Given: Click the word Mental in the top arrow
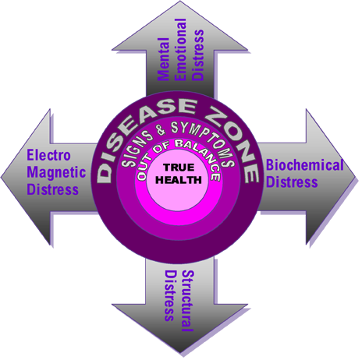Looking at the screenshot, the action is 164,59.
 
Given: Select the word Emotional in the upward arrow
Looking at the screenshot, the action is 180,50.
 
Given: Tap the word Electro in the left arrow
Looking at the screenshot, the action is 48,155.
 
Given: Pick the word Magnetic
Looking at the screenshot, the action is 56,172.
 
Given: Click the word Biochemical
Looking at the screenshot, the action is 304,165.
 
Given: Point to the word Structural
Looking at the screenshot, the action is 188,301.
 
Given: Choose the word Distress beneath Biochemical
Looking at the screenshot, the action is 292,182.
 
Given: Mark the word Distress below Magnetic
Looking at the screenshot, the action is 52,189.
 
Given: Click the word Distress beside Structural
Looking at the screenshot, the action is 171,295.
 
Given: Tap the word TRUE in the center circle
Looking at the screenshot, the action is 179,168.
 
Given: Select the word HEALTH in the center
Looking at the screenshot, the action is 179,180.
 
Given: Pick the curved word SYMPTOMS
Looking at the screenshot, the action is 204,140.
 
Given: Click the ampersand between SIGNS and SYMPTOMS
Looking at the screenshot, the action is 160,129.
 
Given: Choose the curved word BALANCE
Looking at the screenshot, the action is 198,155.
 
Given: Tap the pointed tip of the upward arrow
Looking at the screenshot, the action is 179,1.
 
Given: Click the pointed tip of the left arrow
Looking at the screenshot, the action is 1,178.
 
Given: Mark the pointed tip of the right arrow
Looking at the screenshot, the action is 355,178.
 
